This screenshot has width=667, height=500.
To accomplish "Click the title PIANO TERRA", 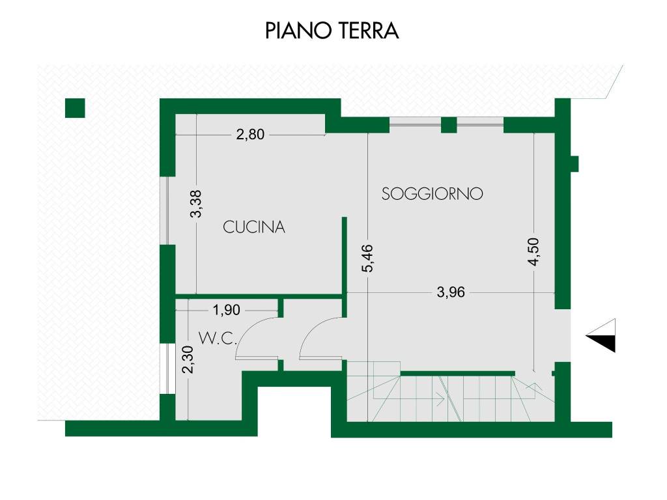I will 332,31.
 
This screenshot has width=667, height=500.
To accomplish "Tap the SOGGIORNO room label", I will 433,194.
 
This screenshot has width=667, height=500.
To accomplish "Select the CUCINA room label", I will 254,227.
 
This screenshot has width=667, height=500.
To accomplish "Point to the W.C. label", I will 217,338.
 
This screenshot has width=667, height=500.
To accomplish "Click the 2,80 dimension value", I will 250,135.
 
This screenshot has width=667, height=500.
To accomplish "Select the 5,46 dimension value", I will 369,258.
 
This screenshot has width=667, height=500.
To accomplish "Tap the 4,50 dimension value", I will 534,252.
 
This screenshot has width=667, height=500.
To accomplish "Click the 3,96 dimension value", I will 451,292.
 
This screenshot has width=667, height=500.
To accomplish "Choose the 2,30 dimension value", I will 188,360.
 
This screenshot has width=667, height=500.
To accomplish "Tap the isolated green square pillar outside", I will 76,107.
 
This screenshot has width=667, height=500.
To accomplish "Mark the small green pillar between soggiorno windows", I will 449,125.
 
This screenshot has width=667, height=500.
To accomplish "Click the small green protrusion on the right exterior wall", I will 575,163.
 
